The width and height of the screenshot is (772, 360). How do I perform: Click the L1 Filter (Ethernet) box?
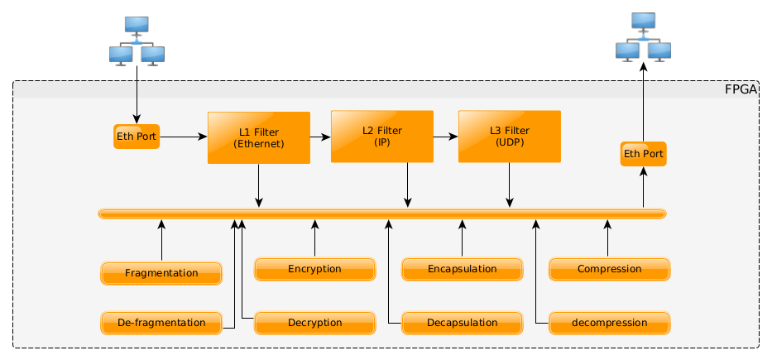pyautogui.click(x=258, y=137)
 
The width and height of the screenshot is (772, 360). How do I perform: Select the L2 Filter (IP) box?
pyautogui.click(x=381, y=136)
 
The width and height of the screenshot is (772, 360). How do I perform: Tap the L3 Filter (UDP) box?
pyautogui.click(x=509, y=136)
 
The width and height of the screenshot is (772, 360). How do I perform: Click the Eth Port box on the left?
pyautogui.click(x=137, y=137)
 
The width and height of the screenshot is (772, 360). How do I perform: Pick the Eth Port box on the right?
pyautogui.click(x=643, y=154)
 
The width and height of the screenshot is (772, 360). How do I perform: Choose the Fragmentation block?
pyautogui.click(x=161, y=273)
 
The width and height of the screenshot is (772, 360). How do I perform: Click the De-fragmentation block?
pyautogui.click(x=161, y=323)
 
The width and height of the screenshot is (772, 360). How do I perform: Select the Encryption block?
pyautogui.click(x=314, y=269)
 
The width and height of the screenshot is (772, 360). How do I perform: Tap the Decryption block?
pyautogui.click(x=314, y=323)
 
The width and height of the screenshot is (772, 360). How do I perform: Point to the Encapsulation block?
pyautogui.click(x=462, y=269)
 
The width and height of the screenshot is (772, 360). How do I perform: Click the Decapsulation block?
pyautogui.click(x=462, y=323)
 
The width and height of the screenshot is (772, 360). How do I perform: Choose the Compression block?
pyautogui.click(x=609, y=269)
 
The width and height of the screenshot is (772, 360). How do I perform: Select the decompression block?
pyautogui.click(x=609, y=323)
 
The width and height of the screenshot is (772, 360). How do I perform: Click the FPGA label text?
pyautogui.click(x=741, y=89)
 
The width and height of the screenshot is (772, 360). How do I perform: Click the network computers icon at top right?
pyautogui.click(x=643, y=36)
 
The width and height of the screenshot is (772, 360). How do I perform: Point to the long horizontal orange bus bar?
pyautogui.click(x=381, y=214)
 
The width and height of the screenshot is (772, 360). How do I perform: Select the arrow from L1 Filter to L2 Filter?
pyautogui.click(x=320, y=136)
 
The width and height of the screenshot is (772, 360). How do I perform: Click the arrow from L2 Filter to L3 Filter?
pyautogui.click(x=445, y=136)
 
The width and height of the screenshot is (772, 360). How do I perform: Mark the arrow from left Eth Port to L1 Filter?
pyautogui.click(x=183, y=137)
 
